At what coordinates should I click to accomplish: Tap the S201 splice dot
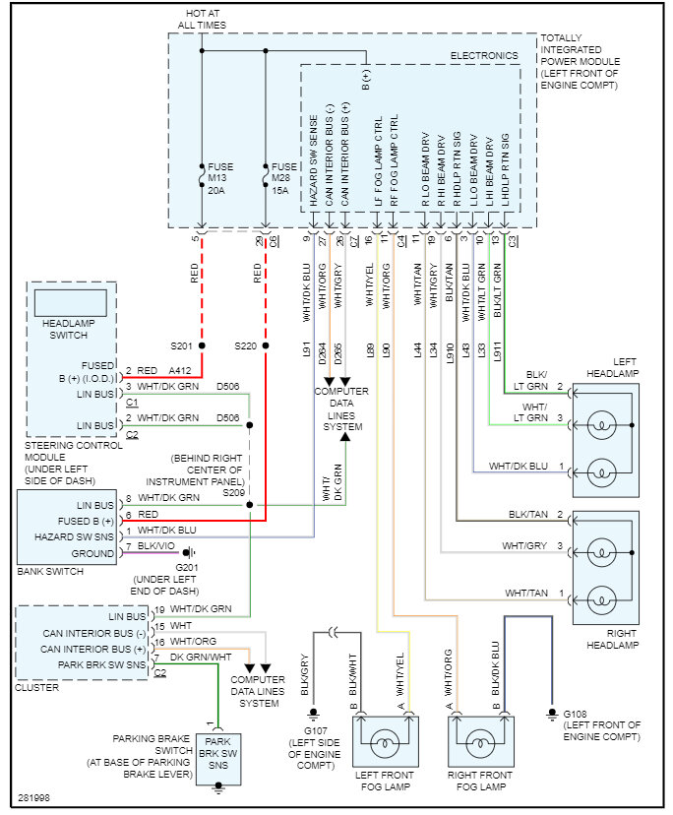(202, 346)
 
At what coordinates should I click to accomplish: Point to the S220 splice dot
(266, 346)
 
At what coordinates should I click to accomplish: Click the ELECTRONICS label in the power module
(483, 57)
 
